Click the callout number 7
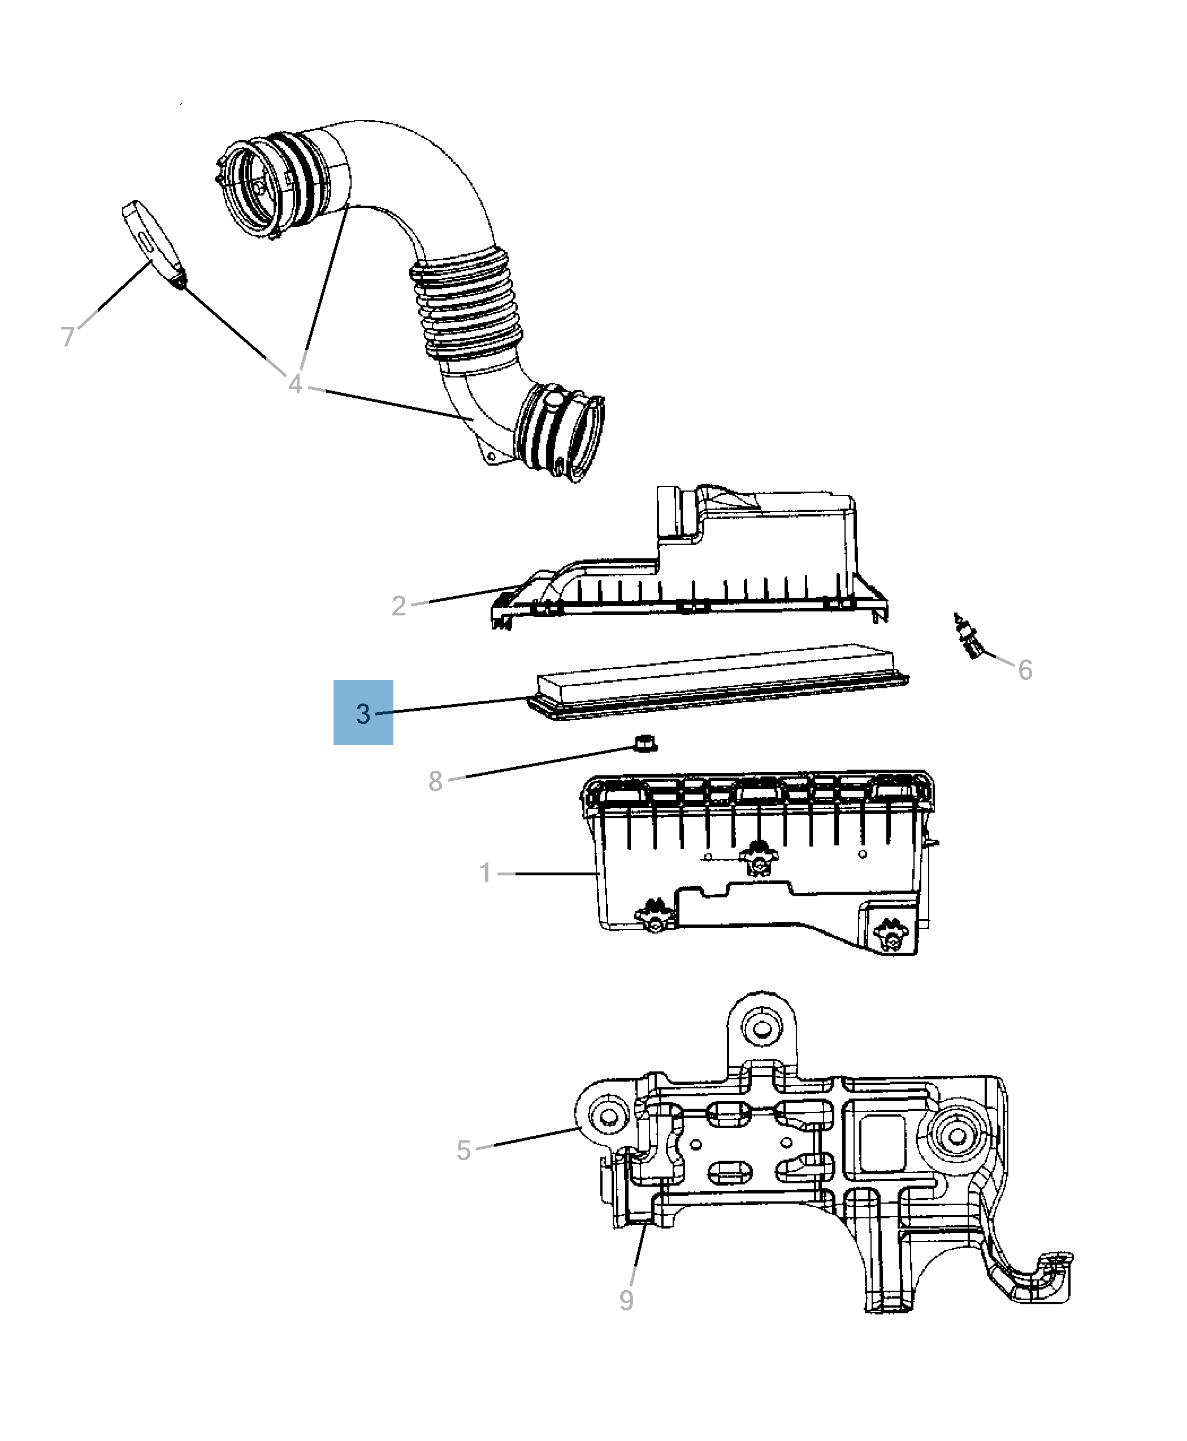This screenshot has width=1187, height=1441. click(x=67, y=337)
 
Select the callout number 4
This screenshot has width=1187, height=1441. click(x=294, y=384)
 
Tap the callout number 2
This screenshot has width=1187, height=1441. click(x=398, y=606)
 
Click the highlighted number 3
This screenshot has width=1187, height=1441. click(x=363, y=714)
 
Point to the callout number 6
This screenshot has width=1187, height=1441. click(x=1024, y=670)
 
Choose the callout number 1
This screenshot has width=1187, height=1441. click(x=486, y=873)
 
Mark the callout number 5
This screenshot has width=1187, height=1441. click(x=463, y=1151)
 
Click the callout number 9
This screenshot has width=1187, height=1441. click(x=626, y=1300)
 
